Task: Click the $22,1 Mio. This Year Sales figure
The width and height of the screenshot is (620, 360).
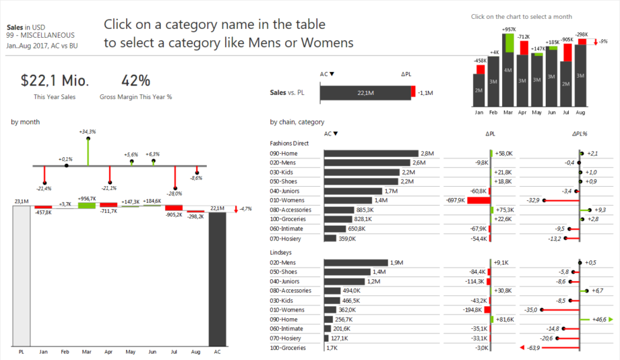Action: (x=55, y=81)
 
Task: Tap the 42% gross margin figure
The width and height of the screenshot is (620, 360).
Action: (x=135, y=81)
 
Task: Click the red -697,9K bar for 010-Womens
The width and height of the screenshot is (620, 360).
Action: (x=478, y=200)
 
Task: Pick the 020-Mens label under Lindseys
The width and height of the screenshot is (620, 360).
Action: (x=282, y=262)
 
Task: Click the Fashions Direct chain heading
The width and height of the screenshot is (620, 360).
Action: (x=289, y=144)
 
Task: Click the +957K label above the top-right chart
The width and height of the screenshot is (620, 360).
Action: (x=509, y=30)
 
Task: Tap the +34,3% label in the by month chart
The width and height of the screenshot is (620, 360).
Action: (x=87, y=131)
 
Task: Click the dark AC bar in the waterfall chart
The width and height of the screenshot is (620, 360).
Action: (x=218, y=277)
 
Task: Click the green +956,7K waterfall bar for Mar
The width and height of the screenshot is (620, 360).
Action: (x=87, y=205)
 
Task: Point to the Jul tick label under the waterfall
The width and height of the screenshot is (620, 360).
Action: (x=174, y=352)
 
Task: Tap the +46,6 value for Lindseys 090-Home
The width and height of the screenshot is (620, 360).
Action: (x=598, y=320)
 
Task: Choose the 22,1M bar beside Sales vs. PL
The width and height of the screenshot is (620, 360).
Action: (x=364, y=93)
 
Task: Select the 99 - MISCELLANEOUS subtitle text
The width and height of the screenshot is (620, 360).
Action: (x=40, y=35)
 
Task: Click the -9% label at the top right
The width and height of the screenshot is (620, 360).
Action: (x=603, y=42)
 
